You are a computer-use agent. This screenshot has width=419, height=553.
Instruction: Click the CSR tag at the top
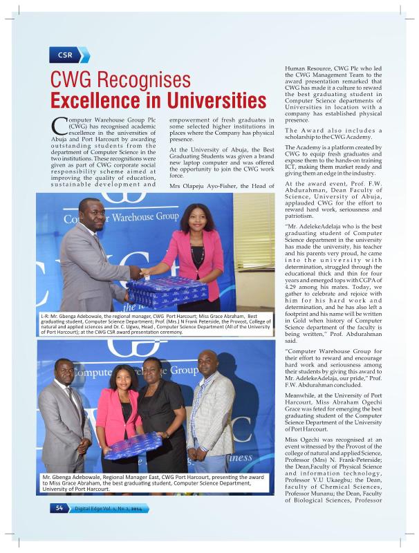click(x=66, y=55)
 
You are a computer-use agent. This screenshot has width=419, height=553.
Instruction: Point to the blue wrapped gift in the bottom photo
click(x=131, y=445)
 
